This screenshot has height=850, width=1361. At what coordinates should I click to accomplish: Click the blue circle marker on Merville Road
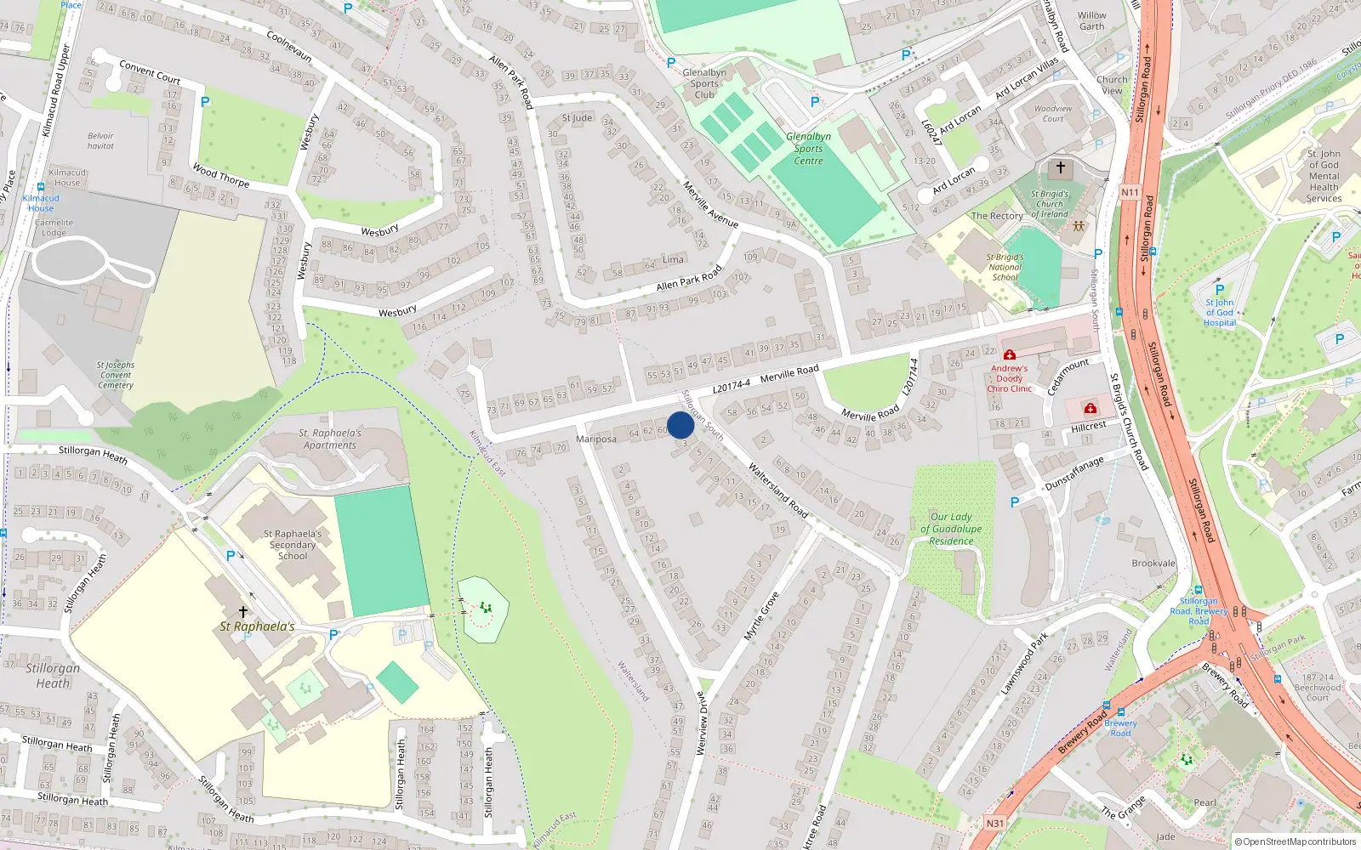coord(680,425)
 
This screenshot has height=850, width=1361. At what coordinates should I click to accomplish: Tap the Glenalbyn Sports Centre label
coord(808,149)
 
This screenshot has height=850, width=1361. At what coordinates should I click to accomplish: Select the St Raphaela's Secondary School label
coord(293,545)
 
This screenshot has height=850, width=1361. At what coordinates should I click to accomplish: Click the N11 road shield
coord(1130,192)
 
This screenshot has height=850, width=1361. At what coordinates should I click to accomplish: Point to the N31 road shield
coord(995,823)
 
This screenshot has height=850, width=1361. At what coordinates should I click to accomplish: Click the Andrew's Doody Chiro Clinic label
coord(1009,379)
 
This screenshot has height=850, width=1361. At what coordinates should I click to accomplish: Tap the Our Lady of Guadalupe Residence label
coord(951,529)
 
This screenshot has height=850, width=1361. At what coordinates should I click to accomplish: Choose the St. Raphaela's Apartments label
coord(330,439)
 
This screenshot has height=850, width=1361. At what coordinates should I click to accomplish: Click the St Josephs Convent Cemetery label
coord(116,375)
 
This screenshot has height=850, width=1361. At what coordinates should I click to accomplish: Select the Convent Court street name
coord(150,71)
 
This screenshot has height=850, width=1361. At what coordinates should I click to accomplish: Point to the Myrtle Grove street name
coord(761,616)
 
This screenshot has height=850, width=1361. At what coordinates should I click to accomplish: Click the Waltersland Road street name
coord(777,490)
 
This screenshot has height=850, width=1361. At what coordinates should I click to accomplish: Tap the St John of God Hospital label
coord(1219,312)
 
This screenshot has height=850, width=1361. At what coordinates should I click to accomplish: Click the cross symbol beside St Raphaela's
coord(243,612)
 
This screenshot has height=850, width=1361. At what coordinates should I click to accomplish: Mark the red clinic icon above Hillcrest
coord(1091,409)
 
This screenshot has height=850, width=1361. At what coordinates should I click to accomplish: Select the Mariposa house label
coord(596,439)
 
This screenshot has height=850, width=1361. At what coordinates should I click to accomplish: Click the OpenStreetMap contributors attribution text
coord(1295,841)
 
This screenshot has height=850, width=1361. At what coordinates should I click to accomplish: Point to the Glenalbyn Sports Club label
coord(704,83)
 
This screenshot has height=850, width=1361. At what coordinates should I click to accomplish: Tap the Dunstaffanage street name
coord(1074,473)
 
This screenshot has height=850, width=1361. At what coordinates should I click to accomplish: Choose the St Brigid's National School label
coord(1005,267)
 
